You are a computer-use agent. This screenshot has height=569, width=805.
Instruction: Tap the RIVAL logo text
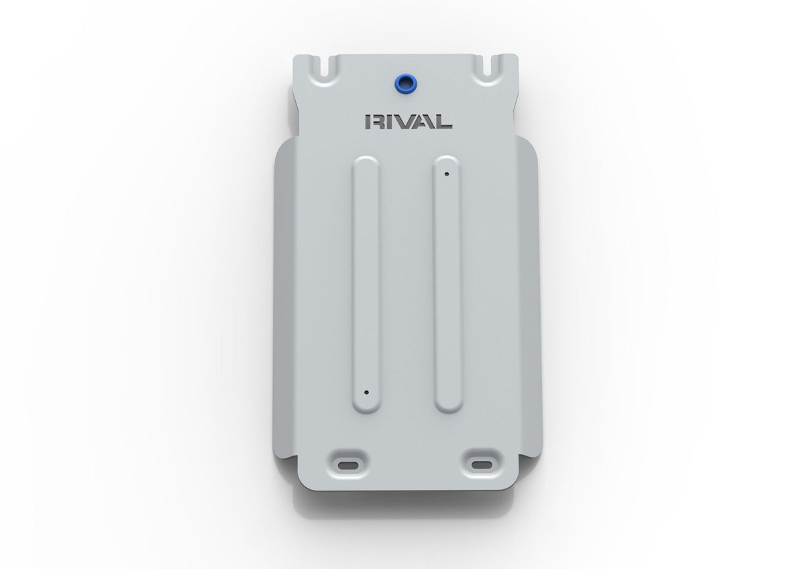(409, 122)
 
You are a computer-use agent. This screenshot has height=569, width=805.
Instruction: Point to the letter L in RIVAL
(443, 122)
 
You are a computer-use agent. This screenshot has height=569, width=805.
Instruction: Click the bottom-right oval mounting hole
(482, 465)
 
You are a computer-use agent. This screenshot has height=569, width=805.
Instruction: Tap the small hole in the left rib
(366, 392)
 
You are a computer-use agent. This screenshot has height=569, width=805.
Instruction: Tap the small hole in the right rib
(447, 174)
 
